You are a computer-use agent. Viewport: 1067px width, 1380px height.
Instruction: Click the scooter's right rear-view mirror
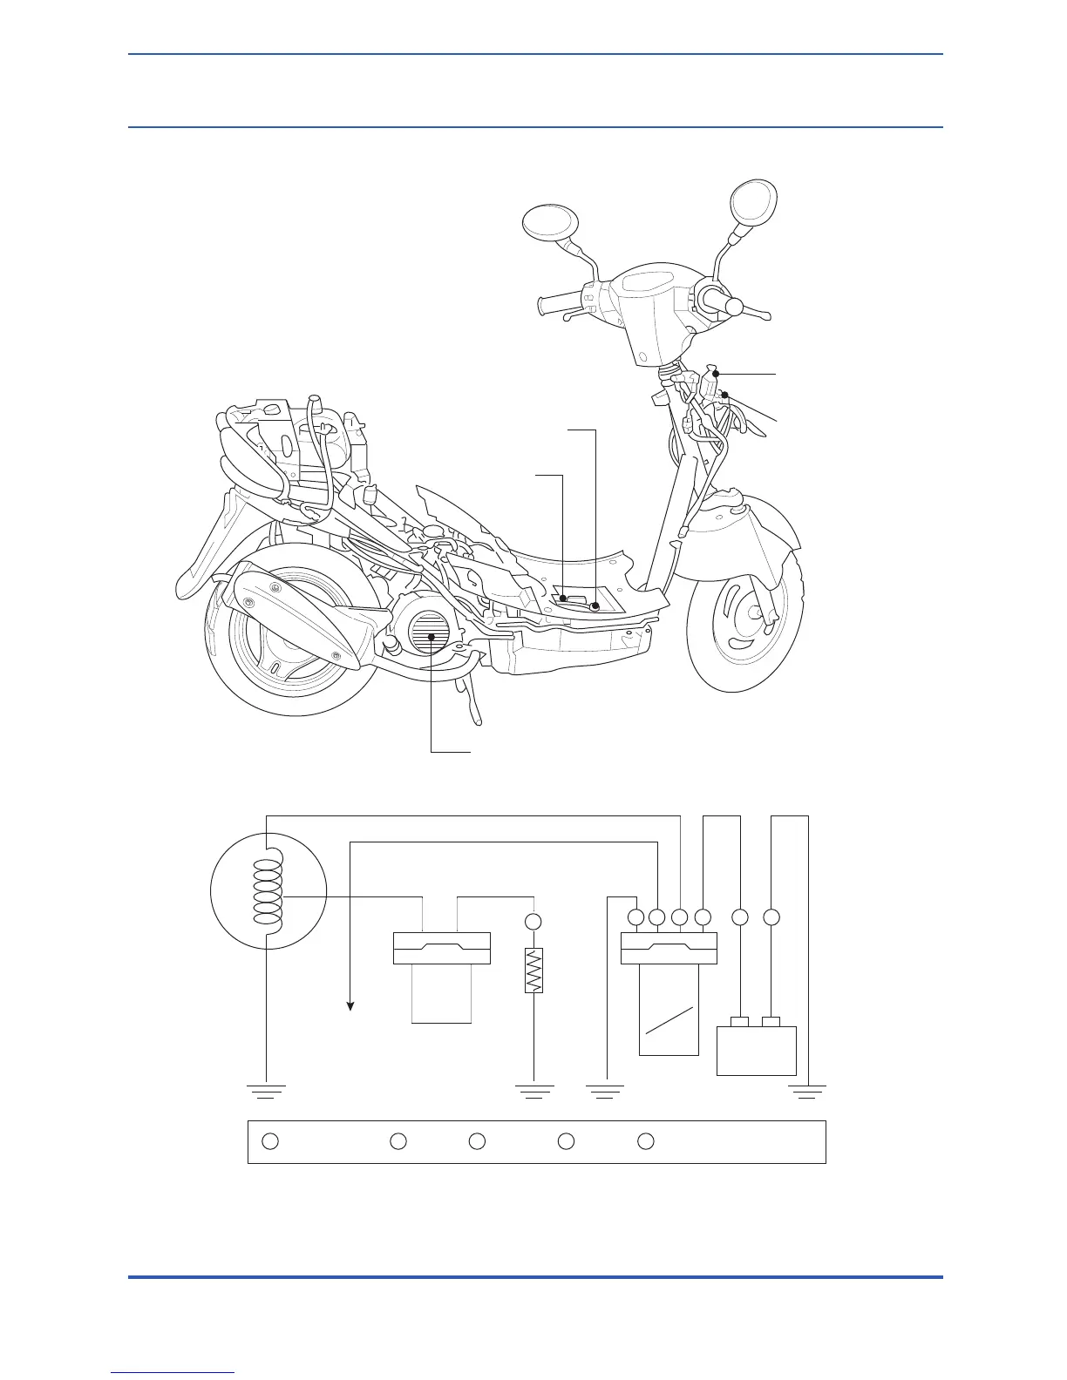pyautogui.click(x=753, y=201)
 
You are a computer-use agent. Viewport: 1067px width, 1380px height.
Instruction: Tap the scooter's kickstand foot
pyautogui.click(x=477, y=720)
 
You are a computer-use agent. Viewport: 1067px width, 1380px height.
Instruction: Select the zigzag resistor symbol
pyautogui.click(x=533, y=970)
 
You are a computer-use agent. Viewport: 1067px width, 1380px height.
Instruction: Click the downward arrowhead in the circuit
pyautogui.click(x=350, y=1005)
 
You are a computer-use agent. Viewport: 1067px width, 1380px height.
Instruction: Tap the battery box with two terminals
pyautogui.click(x=756, y=1050)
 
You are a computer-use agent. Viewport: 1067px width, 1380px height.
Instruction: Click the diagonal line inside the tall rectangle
pyautogui.click(x=669, y=1021)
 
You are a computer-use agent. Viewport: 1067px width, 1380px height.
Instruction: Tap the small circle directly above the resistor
pyautogui.click(x=533, y=921)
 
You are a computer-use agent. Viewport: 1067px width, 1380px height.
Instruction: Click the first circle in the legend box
pyautogui.click(x=270, y=1141)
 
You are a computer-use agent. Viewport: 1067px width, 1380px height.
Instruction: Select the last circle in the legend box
pyautogui.click(x=645, y=1141)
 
